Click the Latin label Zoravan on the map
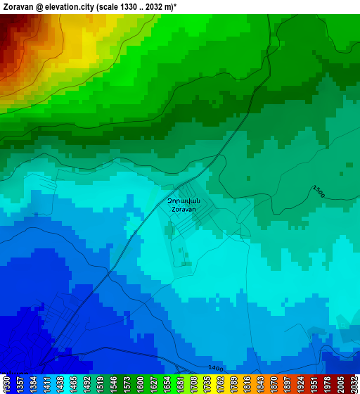pos(184,209)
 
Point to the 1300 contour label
pos(319,191)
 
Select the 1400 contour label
pos(216,369)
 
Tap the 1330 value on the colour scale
pos(6,384)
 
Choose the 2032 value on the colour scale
pos(354,384)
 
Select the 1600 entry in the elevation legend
pos(140,384)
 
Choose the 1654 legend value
pos(167,384)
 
